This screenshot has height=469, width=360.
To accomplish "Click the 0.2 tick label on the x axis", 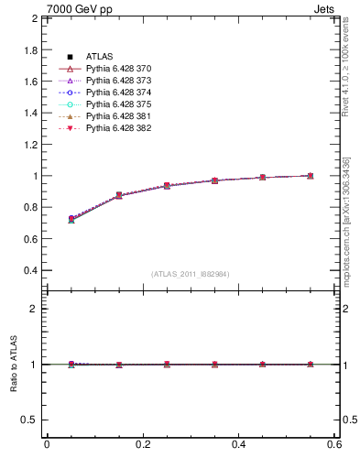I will (142, 444).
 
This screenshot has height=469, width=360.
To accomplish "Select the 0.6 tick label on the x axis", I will (335, 444).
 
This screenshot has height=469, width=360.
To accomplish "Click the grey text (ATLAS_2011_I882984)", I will (191, 274).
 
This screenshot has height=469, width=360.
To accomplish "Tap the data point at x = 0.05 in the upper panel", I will (71, 219).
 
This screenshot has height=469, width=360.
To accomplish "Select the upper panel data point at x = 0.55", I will (311, 176).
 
